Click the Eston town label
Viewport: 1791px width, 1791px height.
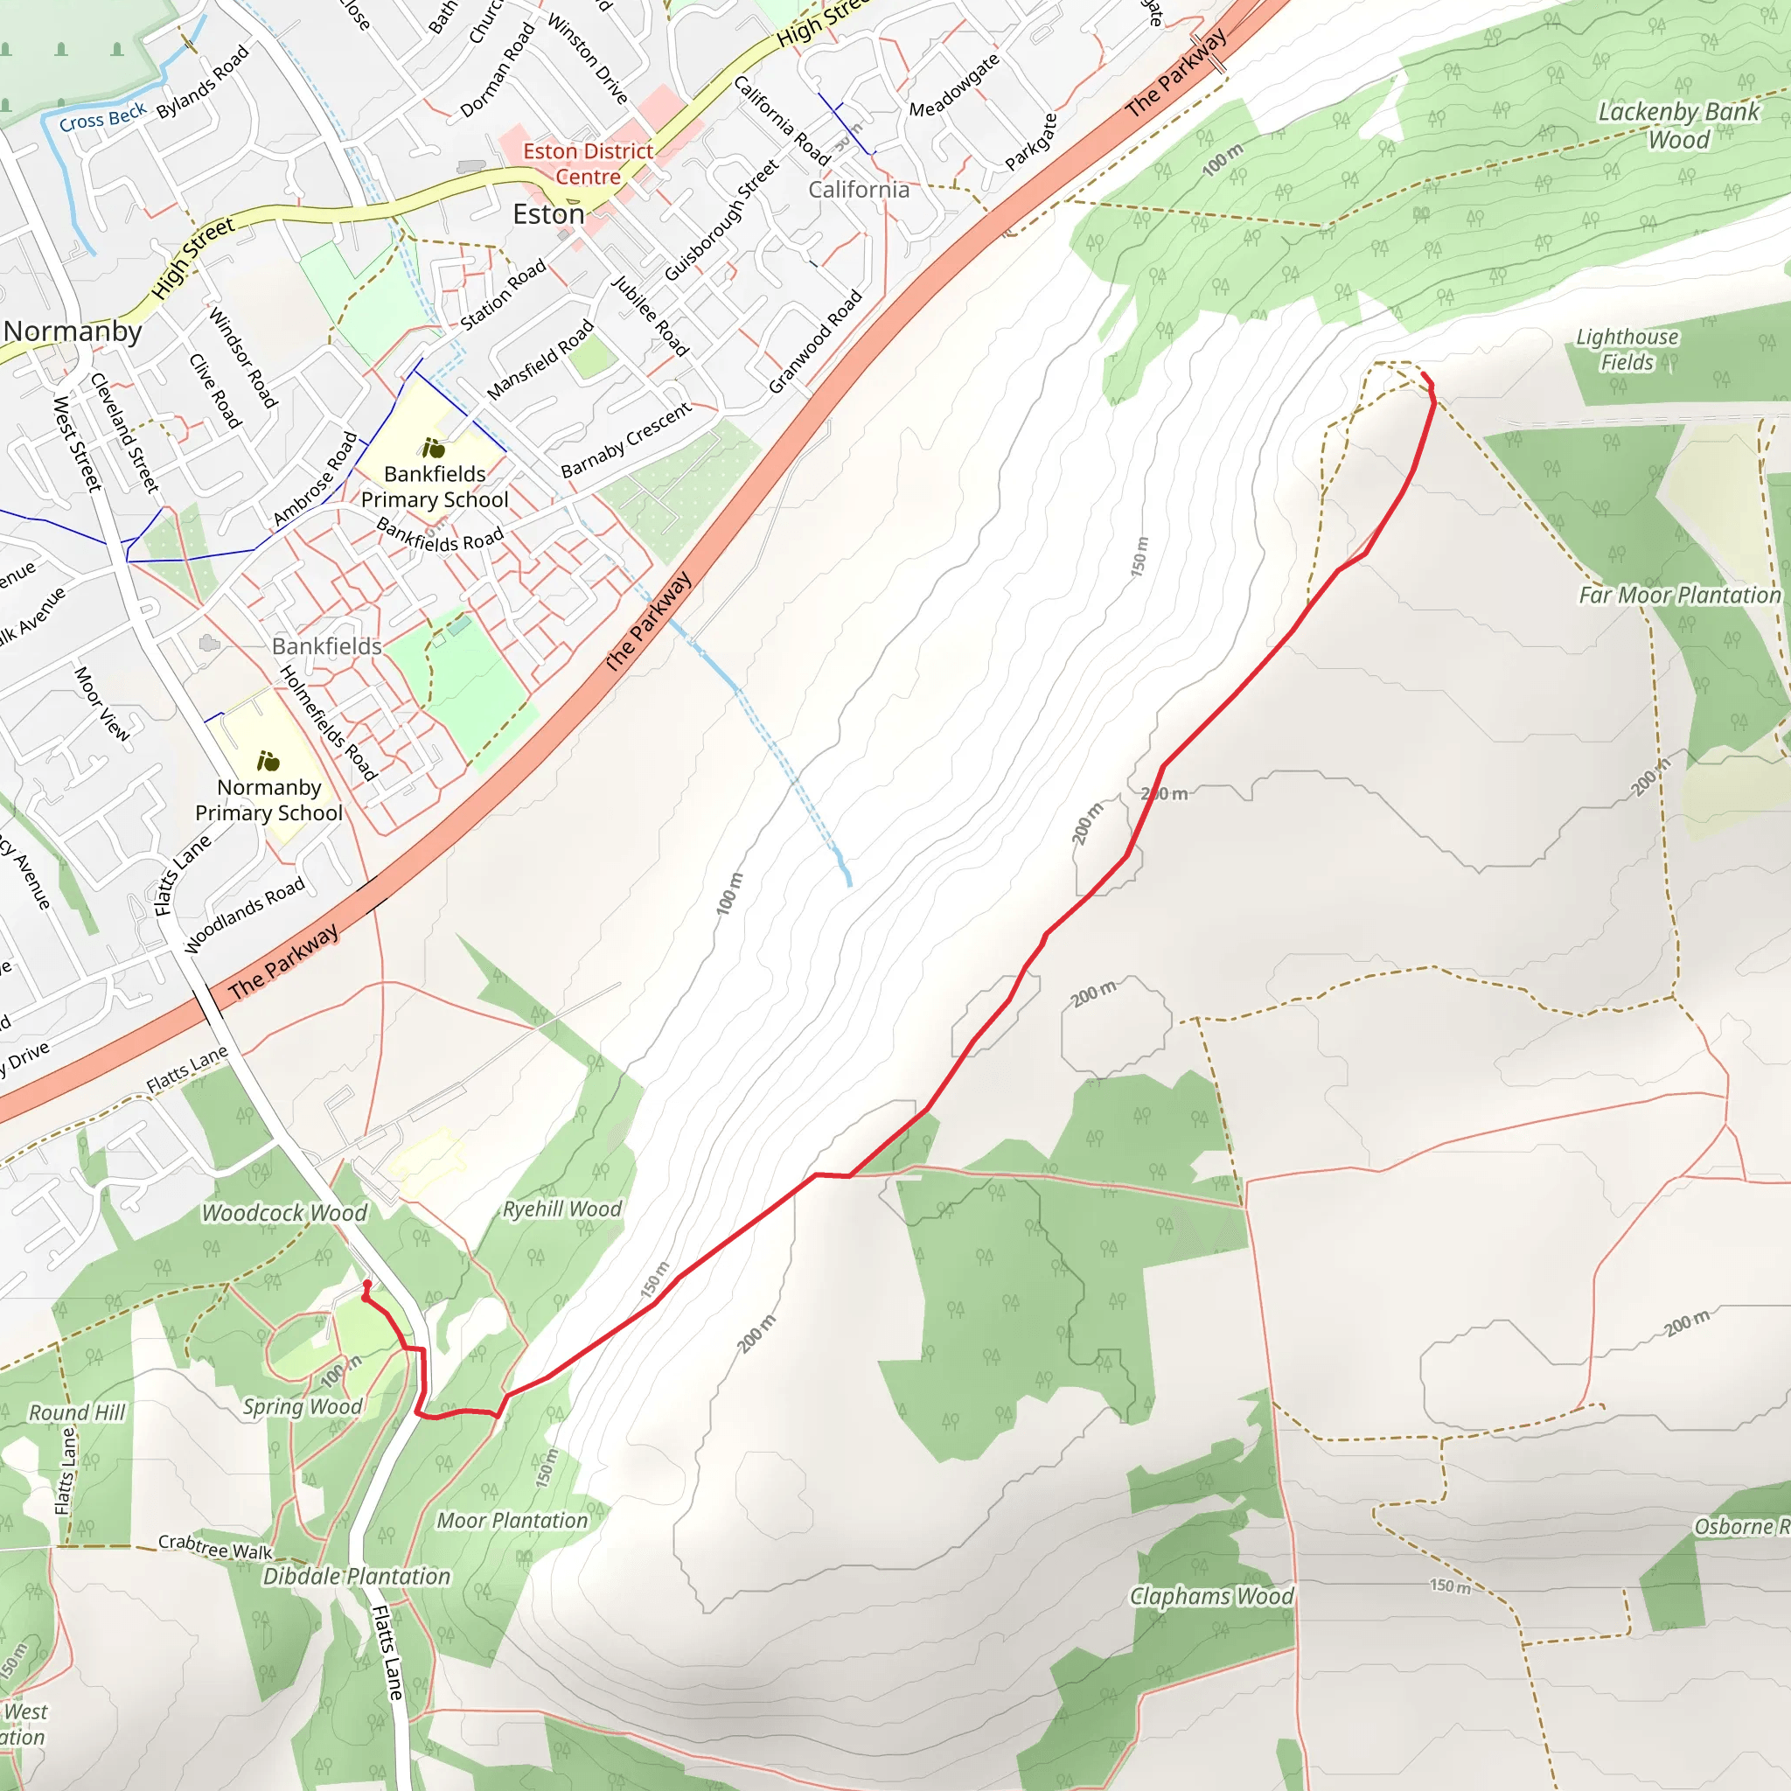[x=549, y=215]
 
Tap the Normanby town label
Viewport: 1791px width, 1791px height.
[x=73, y=331]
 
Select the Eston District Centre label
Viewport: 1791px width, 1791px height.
[x=588, y=164]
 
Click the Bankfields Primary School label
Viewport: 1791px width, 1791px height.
[x=435, y=487]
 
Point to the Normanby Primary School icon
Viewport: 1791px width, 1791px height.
[x=268, y=761]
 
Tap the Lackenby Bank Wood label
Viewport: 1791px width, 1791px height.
[x=1678, y=126]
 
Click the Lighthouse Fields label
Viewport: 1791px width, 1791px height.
[x=1627, y=350]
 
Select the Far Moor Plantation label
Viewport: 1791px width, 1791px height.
[x=1680, y=596]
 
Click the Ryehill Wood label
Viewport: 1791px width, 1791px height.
[x=561, y=1209]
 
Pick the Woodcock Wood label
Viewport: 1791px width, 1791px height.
[x=284, y=1213]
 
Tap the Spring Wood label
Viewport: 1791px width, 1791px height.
[x=303, y=1406]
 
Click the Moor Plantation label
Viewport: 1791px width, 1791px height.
[x=512, y=1520]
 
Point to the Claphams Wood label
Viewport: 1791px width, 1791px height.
[x=1210, y=1596]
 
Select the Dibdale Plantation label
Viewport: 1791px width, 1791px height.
[x=357, y=1576]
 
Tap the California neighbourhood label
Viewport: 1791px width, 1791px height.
[x=859, y=190]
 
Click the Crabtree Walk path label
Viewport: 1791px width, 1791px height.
[x=215, y=1547]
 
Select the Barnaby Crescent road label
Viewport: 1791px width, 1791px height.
[x=627, y=441]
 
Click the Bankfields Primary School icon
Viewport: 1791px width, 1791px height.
[x=433, y=449]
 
